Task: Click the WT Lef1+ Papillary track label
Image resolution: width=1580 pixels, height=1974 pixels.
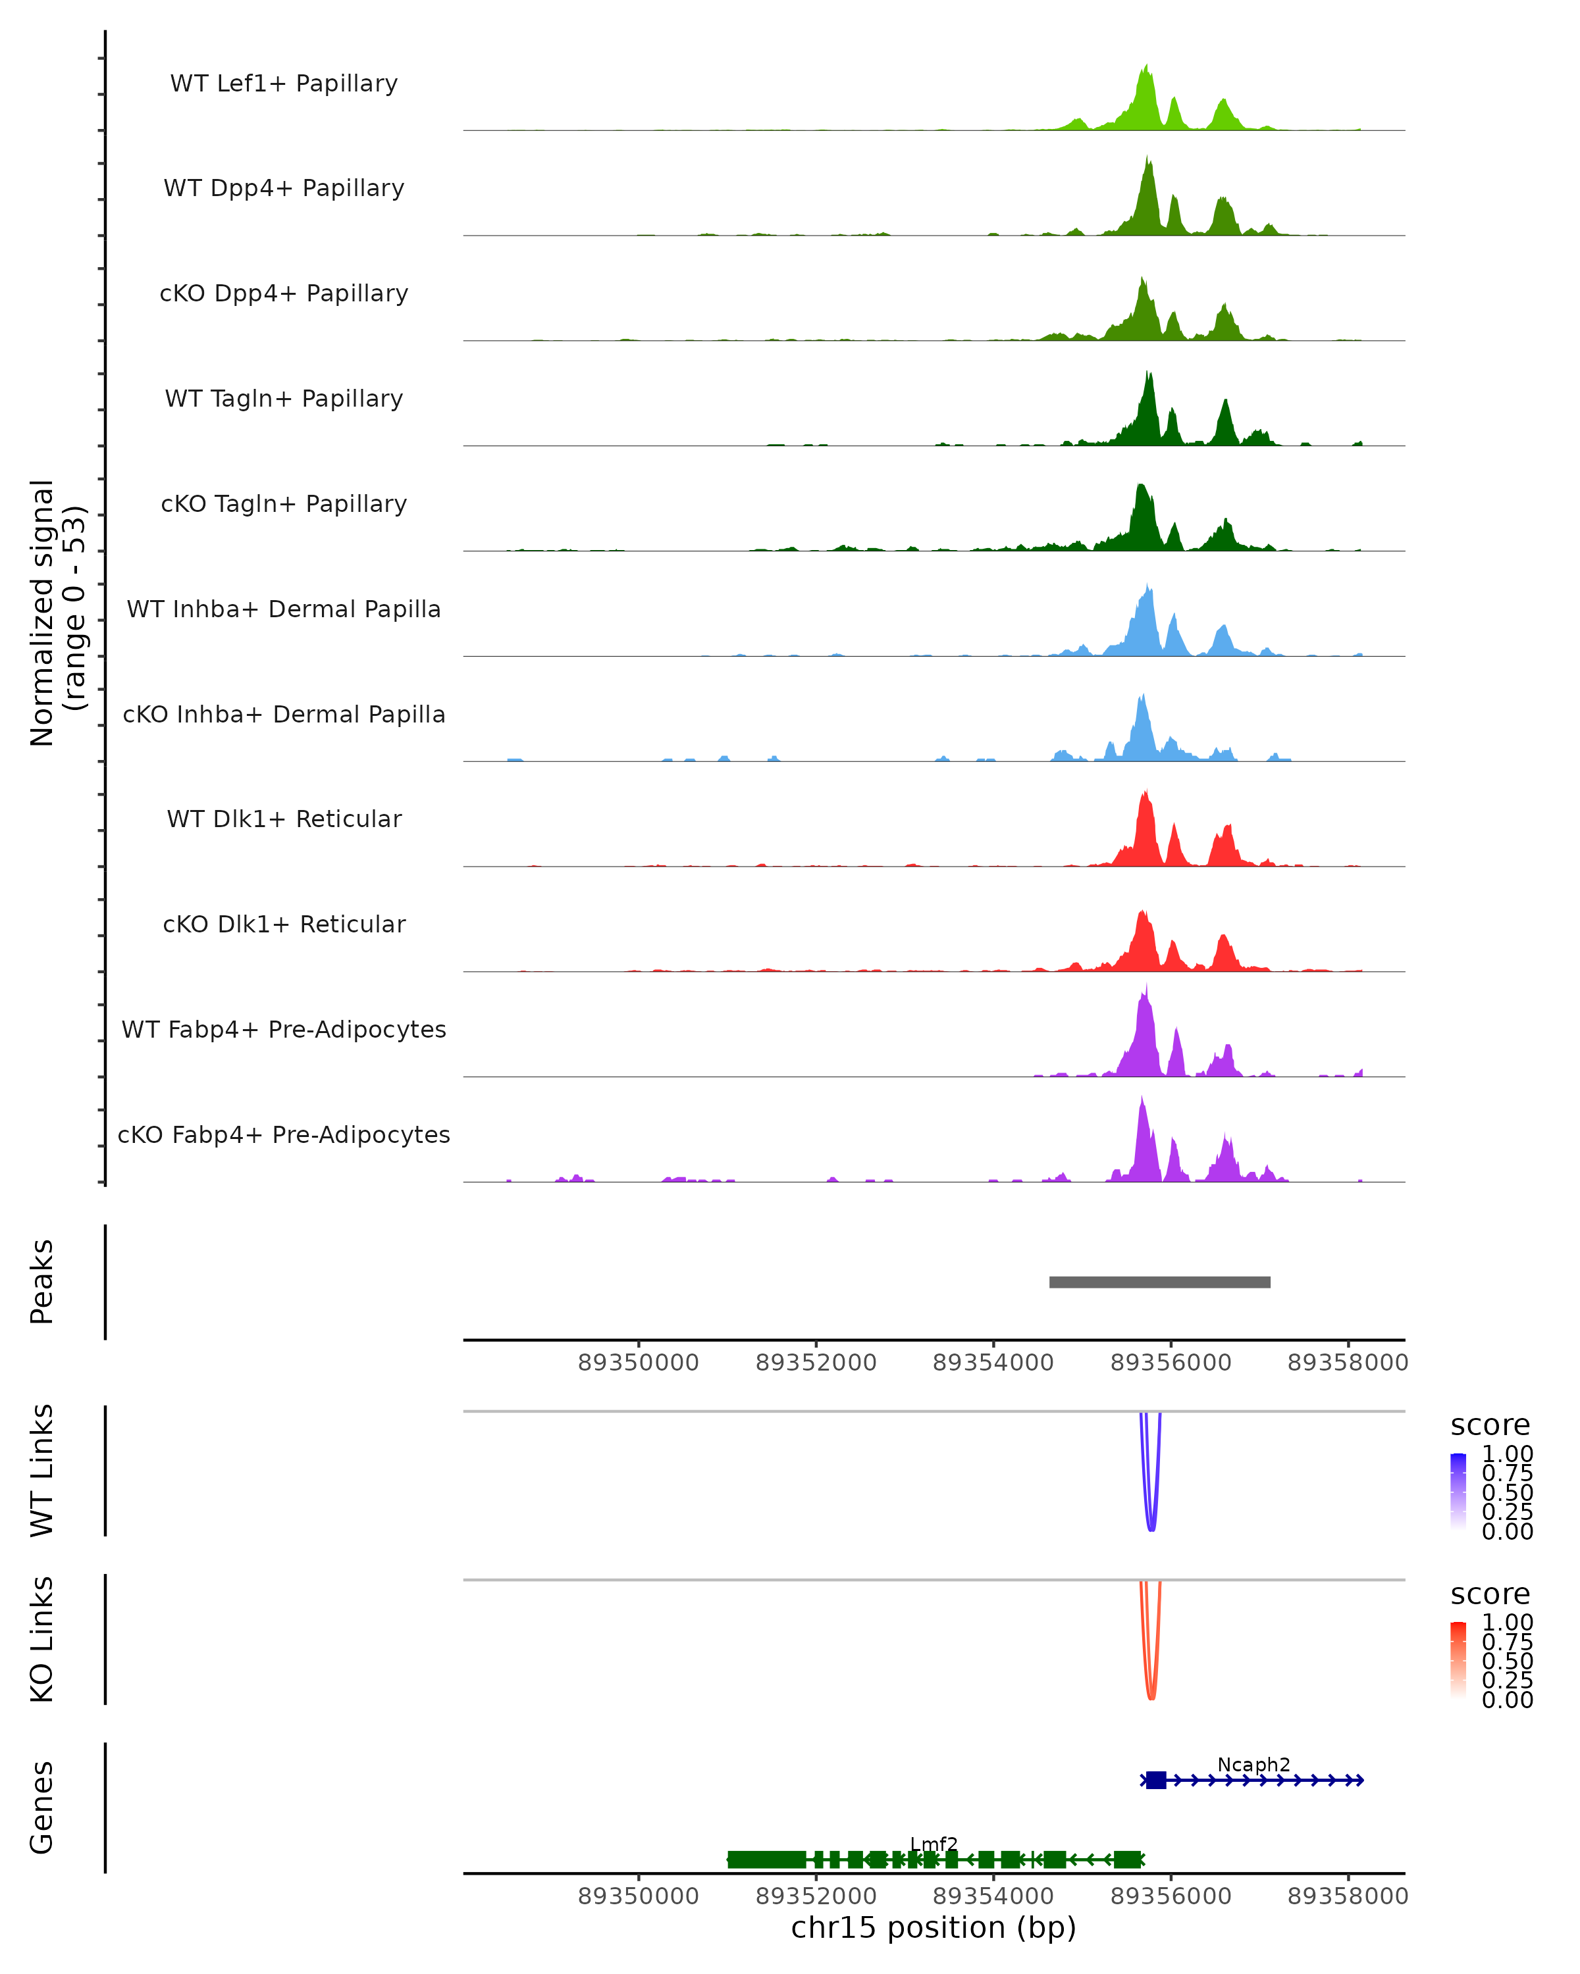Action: [284, 84]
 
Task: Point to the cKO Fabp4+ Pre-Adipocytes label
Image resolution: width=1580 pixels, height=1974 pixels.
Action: [284, 1134]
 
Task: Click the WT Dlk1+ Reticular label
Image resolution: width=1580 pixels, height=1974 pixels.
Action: [284, 819]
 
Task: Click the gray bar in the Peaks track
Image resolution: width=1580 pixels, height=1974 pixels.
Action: [1159, 1282]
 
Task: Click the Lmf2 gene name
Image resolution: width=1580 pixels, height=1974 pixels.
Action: [934, 1844]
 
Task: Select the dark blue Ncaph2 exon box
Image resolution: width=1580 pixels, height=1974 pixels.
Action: [1156, 1780]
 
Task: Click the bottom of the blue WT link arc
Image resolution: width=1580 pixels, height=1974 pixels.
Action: [1151, 1529]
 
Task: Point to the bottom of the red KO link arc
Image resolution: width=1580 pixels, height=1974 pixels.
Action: [1151, 1698]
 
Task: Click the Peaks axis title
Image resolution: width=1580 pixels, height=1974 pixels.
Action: [42, 1282]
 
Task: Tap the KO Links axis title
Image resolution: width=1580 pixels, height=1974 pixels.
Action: [42, 1639]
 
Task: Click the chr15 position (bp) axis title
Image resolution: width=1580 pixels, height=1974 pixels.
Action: [934, 1927]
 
